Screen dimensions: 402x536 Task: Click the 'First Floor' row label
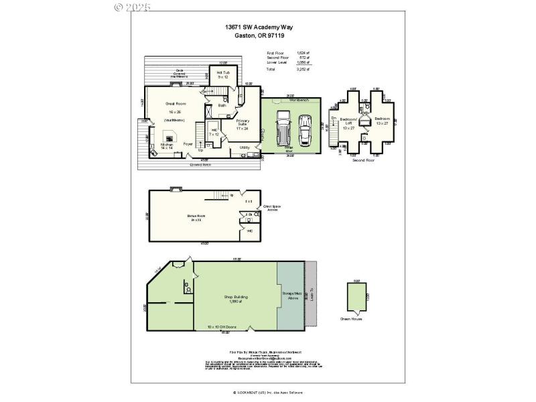[275, 52]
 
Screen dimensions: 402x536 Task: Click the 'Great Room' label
[175, 104]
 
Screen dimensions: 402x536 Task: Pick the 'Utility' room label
[245, 147]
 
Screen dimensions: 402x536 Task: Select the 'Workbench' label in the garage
[299, 99]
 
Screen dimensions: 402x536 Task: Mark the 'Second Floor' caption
[365, 161]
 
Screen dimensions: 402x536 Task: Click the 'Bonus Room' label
[196, 216]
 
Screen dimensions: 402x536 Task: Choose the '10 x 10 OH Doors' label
[222, 327]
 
